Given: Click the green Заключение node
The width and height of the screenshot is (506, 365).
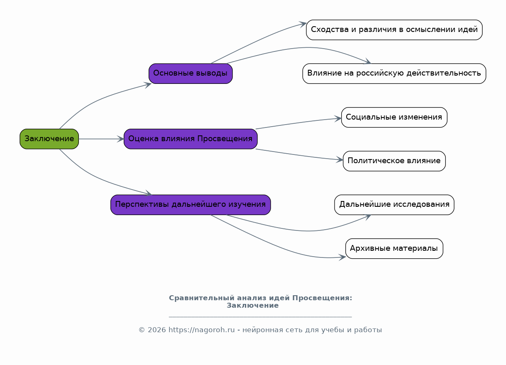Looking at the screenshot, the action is pyautogui.click(x=49, y=139).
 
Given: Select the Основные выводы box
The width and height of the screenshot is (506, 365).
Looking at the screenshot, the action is pyautogui.click(x=191, y=73).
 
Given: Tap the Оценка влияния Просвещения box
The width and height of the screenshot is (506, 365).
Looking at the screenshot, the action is pyautogui.click(x=191, y=139).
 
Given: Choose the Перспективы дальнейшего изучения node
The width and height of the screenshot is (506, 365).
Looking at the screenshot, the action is pyautogui.click(x=191, y=205).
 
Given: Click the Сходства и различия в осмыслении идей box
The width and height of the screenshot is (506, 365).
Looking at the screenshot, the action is pyautogui.click(x=394, y=30).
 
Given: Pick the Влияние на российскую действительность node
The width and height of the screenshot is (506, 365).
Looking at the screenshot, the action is pyautogui.click(x=394, y=73).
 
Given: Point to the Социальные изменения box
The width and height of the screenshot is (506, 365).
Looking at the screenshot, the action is pyautogui.click(x=394, y=117).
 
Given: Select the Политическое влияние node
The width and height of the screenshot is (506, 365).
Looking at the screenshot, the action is pyautogui.click(x=394, y=161).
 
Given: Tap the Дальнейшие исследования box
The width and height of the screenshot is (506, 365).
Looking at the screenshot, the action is pyautogui.click(x=394, y=205).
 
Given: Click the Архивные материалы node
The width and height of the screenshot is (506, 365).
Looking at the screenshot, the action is pyautogui.click(x=394, y=249).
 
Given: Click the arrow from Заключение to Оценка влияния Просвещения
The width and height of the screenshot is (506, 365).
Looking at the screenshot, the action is pyautogui.click(x=101, y=139).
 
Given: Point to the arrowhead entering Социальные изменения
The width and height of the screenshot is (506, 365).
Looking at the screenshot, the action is pyautogui.click(x=338, y=118).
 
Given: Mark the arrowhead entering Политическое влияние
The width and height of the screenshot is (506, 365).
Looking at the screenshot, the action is pyautogui.click(x=340, y=159).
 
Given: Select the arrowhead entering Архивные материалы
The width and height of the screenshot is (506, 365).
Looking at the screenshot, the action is pyautogui.click(x=342, y=257).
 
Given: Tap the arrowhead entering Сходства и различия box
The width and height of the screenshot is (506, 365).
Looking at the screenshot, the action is pyautogui.click(x=303, y=24).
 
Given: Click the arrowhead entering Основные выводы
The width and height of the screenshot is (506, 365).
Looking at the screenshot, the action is pyautogui.click(x=148, y=85).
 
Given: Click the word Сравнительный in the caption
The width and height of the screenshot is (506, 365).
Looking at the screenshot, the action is pyautogui.click(x=202, y=298).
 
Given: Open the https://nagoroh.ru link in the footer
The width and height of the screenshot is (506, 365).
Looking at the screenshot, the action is pyautogui.click(x=201, y=330).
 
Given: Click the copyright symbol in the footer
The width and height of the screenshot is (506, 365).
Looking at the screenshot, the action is pyautogui.click(x=142, y=330).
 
